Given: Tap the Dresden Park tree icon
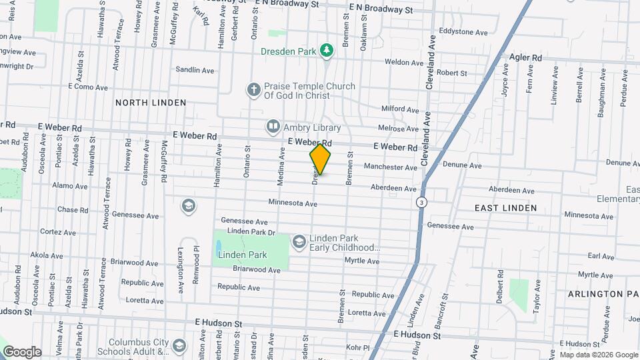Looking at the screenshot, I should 326,50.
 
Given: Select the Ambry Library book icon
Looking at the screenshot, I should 273,127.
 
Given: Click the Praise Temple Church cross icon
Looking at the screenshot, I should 253,89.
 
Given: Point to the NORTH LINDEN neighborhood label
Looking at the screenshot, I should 151,103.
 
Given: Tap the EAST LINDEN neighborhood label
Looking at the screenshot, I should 505,208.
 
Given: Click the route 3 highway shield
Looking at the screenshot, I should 421,201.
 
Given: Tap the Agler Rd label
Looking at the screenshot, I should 524,57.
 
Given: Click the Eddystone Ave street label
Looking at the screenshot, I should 465,31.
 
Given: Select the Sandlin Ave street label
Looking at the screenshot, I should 195,69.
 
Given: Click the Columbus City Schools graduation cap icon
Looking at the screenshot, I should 178,345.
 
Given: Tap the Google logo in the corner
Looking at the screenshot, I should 21,351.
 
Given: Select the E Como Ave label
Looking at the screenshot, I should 88,87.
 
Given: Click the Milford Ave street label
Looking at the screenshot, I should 399,109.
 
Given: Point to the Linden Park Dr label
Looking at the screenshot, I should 251,232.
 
